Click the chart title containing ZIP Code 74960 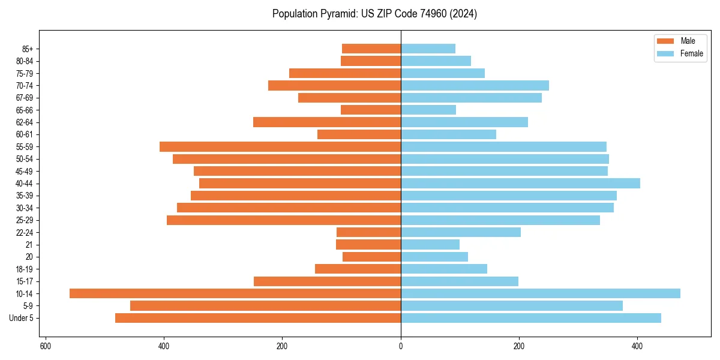click(374, 14)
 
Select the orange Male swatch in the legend click(665, 41)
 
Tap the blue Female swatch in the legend click(665, 53)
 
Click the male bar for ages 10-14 click(235, 293)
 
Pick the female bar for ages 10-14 click(541, 293)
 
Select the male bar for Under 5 click(258, 318)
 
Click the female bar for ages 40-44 click(520, 183)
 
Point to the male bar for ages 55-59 click(280, 146)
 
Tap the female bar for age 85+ click(428, 49)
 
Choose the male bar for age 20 click(371, 257)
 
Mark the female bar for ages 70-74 click(475, 85)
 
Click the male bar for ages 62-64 click(327, 122)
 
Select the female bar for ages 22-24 click(461, 232)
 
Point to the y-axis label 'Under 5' click(21, 318)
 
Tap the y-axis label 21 click(29, 245)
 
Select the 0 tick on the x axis click(401, 346)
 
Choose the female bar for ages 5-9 click(512, 306)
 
